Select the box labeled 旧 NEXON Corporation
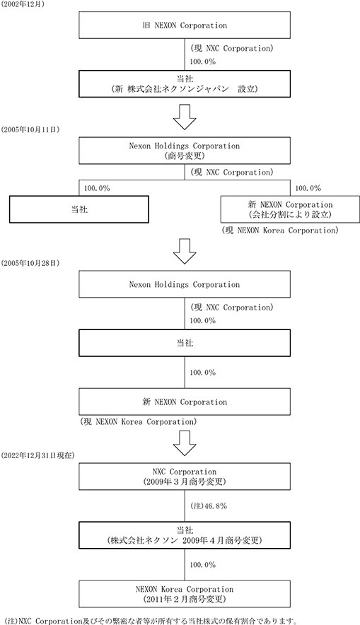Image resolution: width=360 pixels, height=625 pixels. tap(185, 25)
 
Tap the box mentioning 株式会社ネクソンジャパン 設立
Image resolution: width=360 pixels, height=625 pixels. tap(185, 83)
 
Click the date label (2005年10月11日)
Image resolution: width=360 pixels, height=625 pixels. tap(30, 129)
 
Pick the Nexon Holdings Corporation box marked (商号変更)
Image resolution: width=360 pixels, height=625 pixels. tap(185, 151)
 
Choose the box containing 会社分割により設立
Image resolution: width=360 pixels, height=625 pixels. tap(290, 209)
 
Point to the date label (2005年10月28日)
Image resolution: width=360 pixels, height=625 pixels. tap(30, 264)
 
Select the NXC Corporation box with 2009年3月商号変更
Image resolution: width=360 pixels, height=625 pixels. tap(185, 477)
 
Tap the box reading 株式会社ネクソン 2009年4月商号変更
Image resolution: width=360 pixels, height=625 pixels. tap(185, 535)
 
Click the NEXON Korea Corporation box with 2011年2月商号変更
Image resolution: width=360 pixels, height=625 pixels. tap(185, 594)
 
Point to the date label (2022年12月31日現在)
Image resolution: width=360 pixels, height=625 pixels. tap(38, 455)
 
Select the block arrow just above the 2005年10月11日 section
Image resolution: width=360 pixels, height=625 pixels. tap(185, 117)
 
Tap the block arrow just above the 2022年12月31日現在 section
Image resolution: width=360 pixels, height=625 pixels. tap(185, 443)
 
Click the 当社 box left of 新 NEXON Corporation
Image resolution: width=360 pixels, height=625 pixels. tap(79, 209)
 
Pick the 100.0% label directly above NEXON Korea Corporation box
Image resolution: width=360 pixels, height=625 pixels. tap(202, 565)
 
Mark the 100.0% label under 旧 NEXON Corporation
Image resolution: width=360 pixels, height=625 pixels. tap(202, 62)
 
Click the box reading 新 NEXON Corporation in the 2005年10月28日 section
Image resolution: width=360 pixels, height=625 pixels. tap(185, 402)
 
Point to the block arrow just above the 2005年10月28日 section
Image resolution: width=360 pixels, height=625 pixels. tap(185, 251)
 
